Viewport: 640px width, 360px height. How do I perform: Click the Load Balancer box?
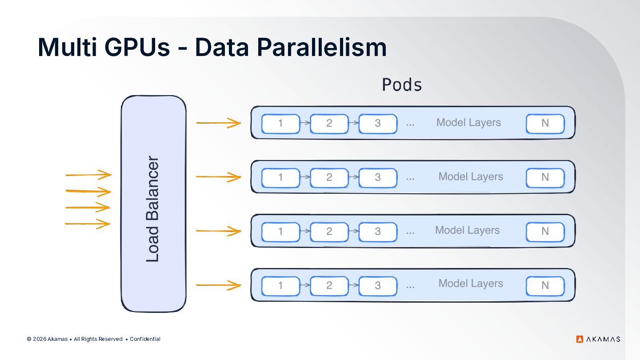(x=154, y=204)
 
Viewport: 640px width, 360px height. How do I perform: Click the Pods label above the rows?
(x=402, y=85)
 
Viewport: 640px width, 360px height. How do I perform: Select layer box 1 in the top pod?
(x=280, y=124)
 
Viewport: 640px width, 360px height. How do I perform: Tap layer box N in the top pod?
(x=545, y=124)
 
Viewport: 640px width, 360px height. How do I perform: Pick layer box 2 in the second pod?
(x=329, y=178)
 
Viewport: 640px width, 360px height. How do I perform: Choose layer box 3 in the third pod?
(x=378, y=232)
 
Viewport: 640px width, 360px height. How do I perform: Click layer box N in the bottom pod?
(x=545, y=286)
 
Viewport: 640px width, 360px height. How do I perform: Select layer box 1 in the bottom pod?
(x=280, y=286)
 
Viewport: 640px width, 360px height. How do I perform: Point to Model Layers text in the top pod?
(x=468, y=123)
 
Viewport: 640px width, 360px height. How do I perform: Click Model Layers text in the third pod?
(x=468, y=231)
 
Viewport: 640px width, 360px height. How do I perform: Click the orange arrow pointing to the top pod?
(x=219, y=123)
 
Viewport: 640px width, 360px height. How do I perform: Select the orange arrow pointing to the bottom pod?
(x=219, y=285)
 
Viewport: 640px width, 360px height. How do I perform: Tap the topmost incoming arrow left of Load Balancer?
(x=88, y=175)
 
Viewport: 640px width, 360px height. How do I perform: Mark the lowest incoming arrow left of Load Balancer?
(x=88, y=224)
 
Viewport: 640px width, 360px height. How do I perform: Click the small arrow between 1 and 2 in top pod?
(x=305, y=123)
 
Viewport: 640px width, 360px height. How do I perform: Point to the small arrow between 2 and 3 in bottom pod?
(x=354, y=285)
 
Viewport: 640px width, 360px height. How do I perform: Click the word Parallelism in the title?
(x=322, y=48)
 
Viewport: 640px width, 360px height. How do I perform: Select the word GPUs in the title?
(x=137, y=47)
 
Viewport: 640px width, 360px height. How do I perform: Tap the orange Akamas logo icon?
(x=580, y=339)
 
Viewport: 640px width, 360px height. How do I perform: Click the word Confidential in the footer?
(x=145, y=339)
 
